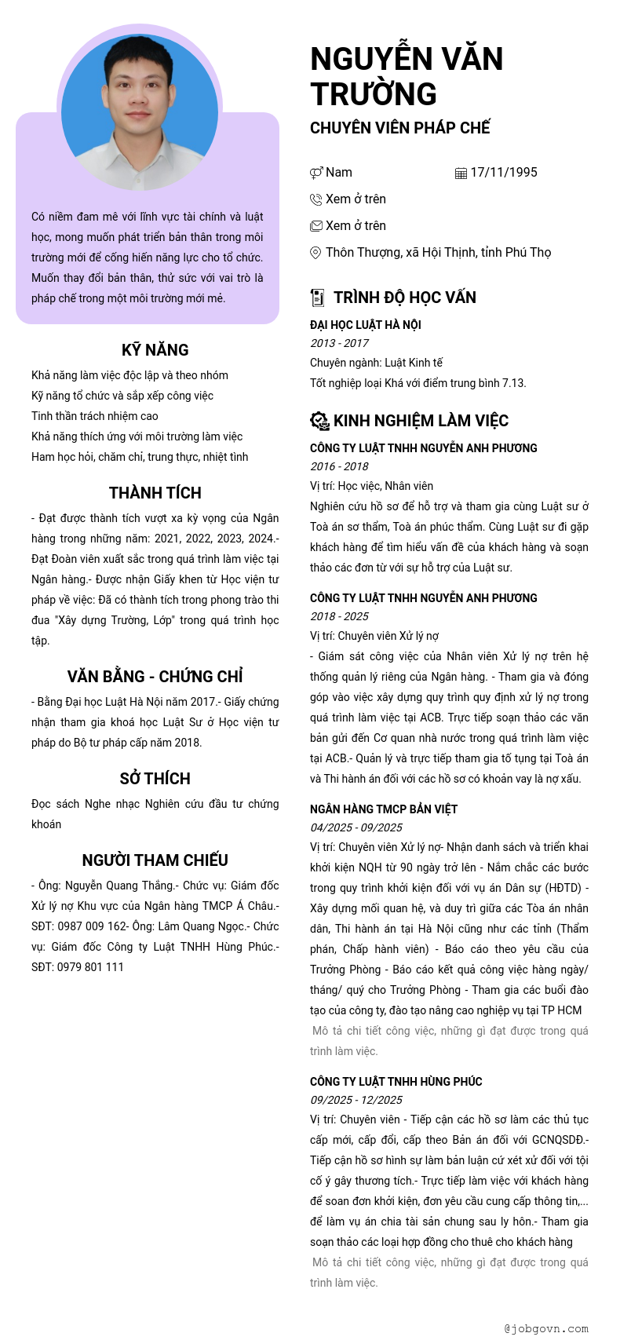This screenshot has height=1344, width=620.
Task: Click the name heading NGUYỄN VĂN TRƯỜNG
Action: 407,76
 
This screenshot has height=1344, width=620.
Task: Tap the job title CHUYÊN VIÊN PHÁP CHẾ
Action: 400,127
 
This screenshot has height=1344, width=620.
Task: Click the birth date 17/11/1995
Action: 504,173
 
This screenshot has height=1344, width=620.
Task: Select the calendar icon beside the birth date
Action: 461,173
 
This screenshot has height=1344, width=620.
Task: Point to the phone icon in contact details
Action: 316,200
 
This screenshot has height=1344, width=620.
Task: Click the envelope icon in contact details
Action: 316,226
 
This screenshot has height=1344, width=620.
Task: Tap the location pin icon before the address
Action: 315,253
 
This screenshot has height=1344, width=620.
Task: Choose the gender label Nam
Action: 339,173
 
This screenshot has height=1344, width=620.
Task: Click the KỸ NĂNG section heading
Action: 155,350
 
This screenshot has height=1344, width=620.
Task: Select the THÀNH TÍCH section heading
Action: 155,493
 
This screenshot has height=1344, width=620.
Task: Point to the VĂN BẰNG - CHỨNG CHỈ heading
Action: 155,677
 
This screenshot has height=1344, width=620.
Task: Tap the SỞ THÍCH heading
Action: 155,779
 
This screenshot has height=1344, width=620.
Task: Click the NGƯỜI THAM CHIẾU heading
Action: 155,860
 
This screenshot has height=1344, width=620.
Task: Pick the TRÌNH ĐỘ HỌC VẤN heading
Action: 404,298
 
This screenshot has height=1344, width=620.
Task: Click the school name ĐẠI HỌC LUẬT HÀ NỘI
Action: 366,325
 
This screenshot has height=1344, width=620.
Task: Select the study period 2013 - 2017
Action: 340,343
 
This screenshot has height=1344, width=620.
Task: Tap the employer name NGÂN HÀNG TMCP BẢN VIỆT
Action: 384,809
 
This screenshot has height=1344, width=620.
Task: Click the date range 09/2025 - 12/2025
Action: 356,1100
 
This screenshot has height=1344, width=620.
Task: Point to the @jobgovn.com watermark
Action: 546,1329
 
